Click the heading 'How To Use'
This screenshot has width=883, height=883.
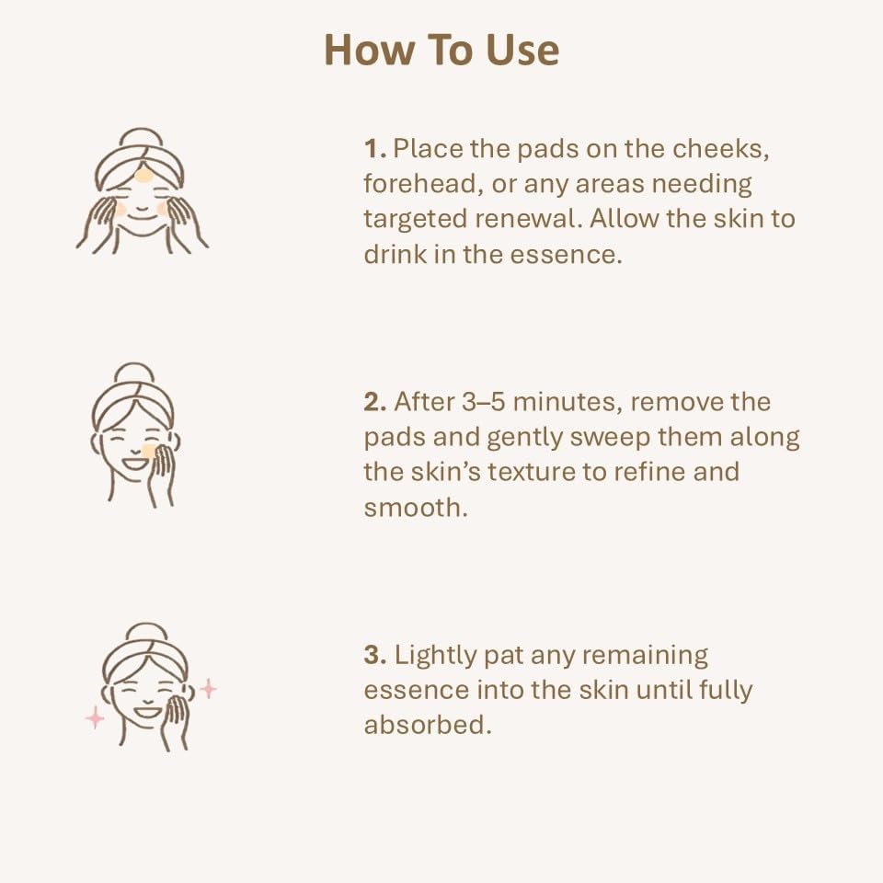(441, 51)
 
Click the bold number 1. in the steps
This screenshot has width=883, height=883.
(373, 149)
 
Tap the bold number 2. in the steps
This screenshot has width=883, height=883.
(374, 402)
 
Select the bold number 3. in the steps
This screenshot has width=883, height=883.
(374, 656)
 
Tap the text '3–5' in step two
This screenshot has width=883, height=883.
(471, 402)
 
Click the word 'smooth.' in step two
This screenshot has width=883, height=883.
(416, 507)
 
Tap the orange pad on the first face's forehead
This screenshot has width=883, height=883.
(143, 175)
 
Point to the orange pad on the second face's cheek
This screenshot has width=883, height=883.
(148, 452)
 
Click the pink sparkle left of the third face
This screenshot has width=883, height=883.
(94, 718)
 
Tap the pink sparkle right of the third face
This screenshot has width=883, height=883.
(208, 689)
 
